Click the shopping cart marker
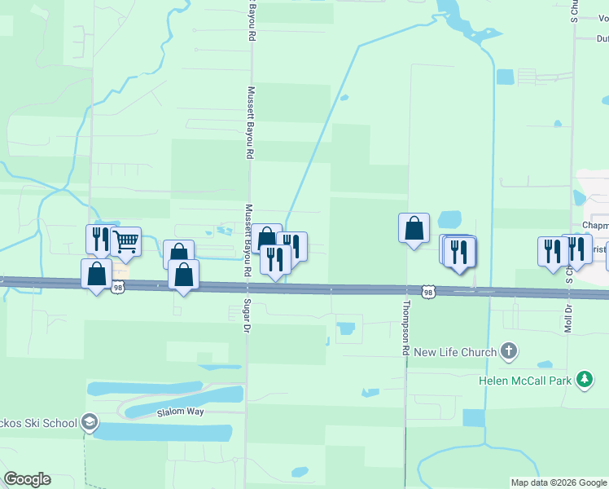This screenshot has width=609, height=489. [x=125, y=242]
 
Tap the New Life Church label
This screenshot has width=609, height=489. [x=455, y=352]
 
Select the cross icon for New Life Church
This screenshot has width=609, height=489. [x=509, y=352]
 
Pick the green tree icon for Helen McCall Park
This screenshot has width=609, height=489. [x=584, y=379]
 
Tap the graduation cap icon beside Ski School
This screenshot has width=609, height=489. [x=90, y=423]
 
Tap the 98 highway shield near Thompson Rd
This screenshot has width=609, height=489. [x=428, y=291]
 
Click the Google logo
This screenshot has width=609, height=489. [x=28, y=479]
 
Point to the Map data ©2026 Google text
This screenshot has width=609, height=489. [x=559, y=482]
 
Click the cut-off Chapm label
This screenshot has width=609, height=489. [x=595, y=226]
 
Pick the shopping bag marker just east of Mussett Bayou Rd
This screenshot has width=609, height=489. [x=266, y=239]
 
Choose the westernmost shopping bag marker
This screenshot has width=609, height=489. [x=96, y=274]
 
